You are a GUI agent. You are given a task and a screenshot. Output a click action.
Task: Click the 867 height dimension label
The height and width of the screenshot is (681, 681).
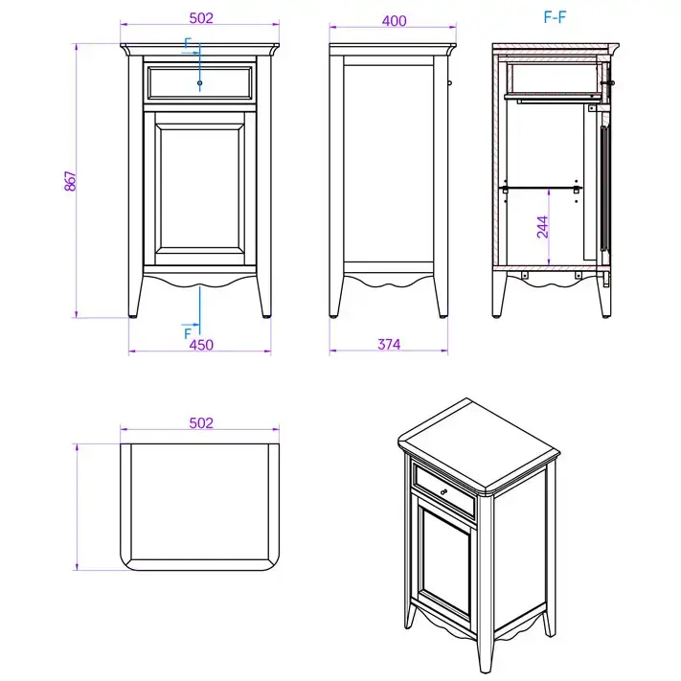click(x=70, y=181)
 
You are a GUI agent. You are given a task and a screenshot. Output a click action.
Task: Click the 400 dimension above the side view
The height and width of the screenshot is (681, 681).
click(x=394, y=21)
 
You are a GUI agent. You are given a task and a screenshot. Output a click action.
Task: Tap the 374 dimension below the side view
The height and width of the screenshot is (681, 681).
click(x=389, y=345)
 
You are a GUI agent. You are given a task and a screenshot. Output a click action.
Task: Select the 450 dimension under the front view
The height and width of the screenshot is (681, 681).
click(x=201, y=345)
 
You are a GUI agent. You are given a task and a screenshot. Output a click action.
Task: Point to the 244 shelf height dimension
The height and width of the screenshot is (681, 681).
click(x=543, y=227)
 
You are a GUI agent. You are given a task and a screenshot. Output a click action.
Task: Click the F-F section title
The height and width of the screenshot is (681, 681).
click(x=556, y=17)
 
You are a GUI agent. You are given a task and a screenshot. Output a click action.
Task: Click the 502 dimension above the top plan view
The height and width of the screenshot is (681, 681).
click(x=201, y=423)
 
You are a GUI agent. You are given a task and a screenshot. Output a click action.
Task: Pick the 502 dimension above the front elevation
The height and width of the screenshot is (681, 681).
click(x=201, y=18)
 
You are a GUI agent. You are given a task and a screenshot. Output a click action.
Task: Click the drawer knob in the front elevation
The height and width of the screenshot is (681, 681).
click(x=200, y=82)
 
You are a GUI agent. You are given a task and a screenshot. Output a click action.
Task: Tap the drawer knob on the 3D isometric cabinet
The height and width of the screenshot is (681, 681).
click(x=443, y=491)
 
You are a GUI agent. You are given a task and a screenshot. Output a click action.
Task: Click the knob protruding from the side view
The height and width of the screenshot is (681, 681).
click(x=449, y=82)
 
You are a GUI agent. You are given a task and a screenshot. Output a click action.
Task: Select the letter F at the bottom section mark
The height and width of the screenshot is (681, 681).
click(x=188, y=333)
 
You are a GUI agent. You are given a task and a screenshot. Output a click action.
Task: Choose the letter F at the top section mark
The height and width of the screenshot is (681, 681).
click(x=187, y=43)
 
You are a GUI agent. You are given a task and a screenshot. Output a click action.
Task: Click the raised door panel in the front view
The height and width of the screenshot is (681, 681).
click(x=200, y=188)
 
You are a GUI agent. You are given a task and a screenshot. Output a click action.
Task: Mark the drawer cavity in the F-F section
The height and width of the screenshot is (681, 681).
click(x=554, y=79)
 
